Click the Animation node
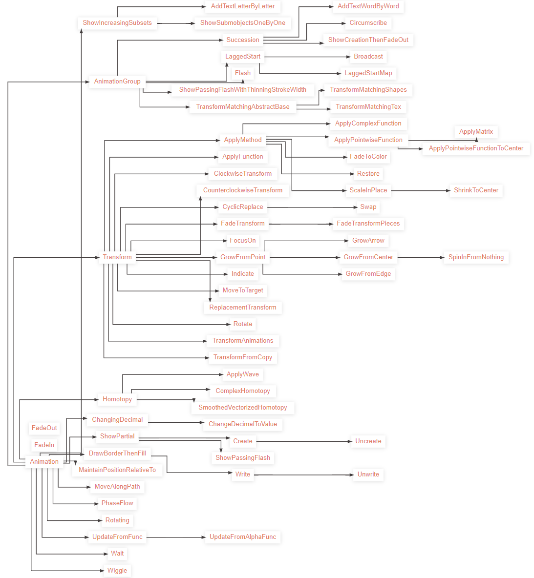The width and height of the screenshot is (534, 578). pyautogui.click(x=44, y=461)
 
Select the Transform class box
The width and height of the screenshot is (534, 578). pyautogui.click(x=117, y=257)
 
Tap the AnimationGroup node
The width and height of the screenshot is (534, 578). pyautogui.click(x=117, y=82)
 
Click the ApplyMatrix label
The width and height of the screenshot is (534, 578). pyautogui.click(x=476, y=131)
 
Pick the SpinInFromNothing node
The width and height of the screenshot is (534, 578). pyautogui.click(x=476, y=257)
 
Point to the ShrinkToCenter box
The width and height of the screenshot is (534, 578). pyautogui.click(x=476, y=190)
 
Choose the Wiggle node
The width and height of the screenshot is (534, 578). pyautogui.click(x=117, y=570)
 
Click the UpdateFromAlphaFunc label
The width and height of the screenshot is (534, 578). pyautogui.click(x=243, y=537)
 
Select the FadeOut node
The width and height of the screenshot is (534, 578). pyautogui.click(x=44, y=428)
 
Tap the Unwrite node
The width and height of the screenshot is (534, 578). pyautogui.click(x=368, y=474)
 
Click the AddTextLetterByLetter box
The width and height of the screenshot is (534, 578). pyautogui.click(x=243, y=6)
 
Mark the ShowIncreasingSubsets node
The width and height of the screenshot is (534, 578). pyautogui.click(x=117, y=23)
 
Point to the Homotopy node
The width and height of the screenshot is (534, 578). pyautogui.click(x=117, y=399)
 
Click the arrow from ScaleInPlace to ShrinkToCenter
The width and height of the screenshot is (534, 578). pyautogui.click(x=420, y=190)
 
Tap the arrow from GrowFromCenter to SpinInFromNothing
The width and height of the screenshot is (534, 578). pyautogui.click(x=420, y=257)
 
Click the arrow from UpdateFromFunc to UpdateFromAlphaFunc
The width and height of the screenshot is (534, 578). pyautogui.click(x=176, y=537)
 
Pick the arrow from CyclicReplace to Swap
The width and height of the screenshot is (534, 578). pyautogui.click(x=313, y=207)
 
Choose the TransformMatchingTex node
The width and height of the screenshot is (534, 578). pyautogui.click(x=368, y=106)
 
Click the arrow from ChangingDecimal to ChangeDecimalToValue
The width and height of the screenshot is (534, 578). pyautogui.click(x=176, y=423)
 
